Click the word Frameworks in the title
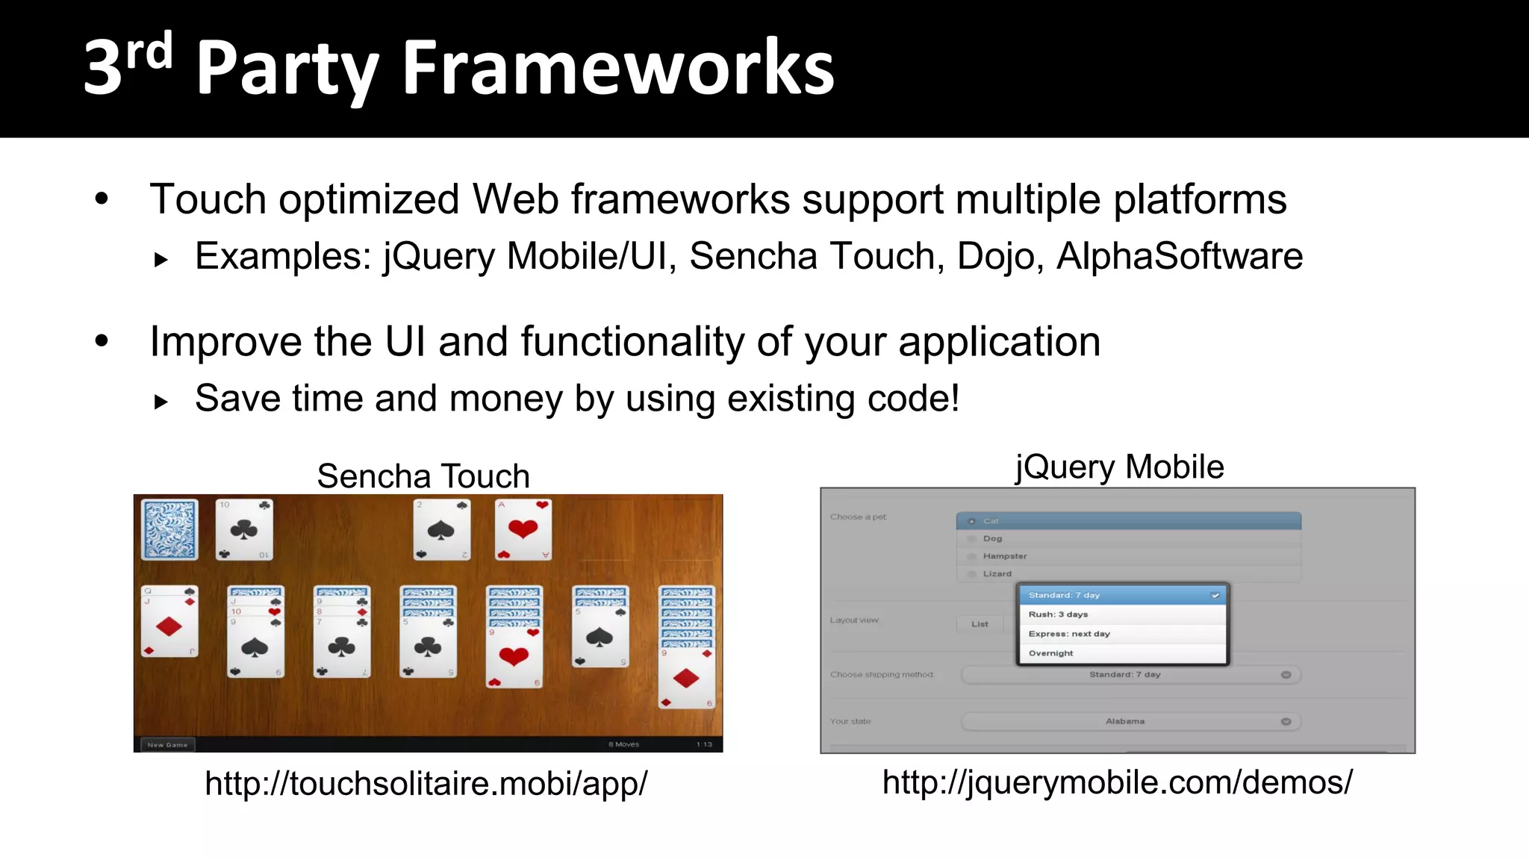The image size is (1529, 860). click(x=618, y=69)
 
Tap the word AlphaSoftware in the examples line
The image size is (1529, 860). click(x=1180, y=256)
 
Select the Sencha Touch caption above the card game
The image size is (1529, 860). click(x=423, y=476)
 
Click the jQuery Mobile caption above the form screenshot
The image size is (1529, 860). click(x=1119, y=467)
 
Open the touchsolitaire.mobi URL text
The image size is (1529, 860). click(x=426, y=784)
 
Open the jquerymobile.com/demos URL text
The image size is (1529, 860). click(x=1117, y=782)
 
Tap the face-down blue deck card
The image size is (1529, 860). click(x=170, y=529)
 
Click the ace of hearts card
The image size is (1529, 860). click(x=523, y=529)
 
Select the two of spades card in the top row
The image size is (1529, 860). click(x=442, y=529)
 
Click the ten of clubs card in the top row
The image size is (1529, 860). click(x=244, y=529)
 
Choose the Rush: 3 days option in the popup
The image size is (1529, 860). click(x=1058, y=614)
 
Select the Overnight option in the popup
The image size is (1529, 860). click(x=1050, y=653)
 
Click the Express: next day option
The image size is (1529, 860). click(x=1069, y=634)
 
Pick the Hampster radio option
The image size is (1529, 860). click(x=1005, y=556)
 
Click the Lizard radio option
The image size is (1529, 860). click(x=997, y=574)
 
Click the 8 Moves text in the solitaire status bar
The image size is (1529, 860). click(x=623, y=744)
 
